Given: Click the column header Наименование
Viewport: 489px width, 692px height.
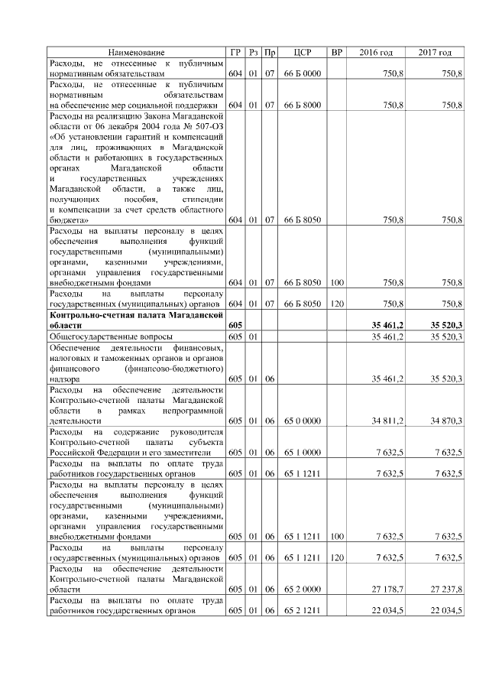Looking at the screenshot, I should click(x=136, y=52).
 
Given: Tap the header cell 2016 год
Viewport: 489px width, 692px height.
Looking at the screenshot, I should click(x=376, y=52).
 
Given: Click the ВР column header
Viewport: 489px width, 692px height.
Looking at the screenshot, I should click(x=337, y=52).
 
